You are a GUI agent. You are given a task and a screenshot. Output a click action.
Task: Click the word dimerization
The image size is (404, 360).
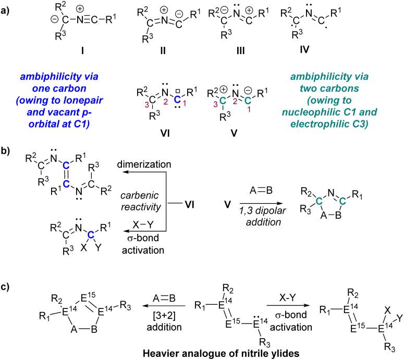pos(144,164)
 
